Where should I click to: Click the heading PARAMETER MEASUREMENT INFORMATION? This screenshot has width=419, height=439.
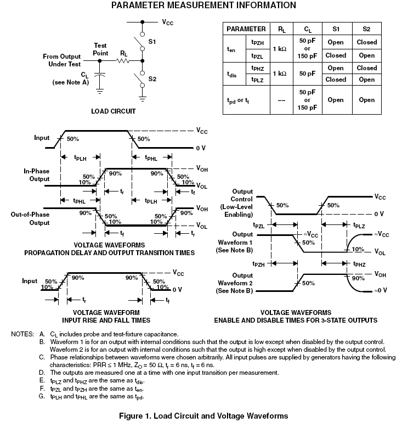coord(203,5)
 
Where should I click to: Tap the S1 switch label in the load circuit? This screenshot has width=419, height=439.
coord(152,41)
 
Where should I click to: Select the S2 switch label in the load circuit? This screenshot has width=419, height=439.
coord(152,78)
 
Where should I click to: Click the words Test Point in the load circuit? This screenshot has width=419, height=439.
coord(100,49)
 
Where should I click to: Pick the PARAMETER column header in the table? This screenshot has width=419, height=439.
coord(246,29)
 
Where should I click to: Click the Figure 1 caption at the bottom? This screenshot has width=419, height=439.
coord(203,415)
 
